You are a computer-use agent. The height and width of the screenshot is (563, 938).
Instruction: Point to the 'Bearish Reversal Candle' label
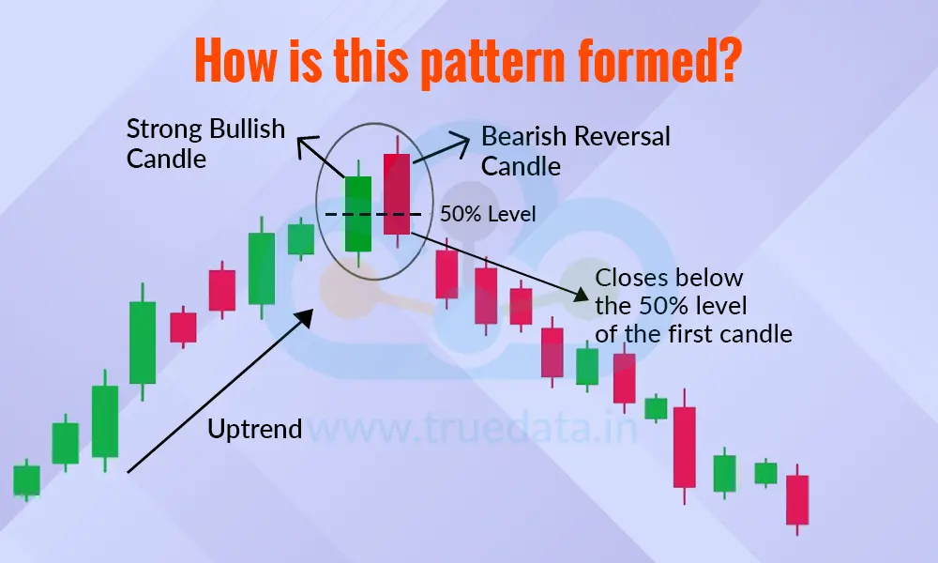pyautogui.click(x=575, y=150)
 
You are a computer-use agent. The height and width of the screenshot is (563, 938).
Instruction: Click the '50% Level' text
pyautogui.click(x=488, y=214)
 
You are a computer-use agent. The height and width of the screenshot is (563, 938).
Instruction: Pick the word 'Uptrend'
pyautogui.click(x=255, y=430)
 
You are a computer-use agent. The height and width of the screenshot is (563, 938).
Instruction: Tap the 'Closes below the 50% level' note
pyautogui.click(x=693, y=305)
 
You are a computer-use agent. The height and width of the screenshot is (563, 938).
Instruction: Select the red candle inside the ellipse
pyautogui.click(x=397, y=194)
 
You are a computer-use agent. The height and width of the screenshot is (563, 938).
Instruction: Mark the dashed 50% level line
pyautogui.click(x=375, y=215)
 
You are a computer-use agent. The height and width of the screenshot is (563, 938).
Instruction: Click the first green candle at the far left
pyautogui.click(x=26, y=479)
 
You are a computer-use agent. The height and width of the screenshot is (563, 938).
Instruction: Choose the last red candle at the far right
pyautogui.click(x=796, y=499)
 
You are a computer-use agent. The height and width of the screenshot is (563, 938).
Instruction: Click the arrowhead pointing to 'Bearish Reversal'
pyautogui.click(x=461, y=137)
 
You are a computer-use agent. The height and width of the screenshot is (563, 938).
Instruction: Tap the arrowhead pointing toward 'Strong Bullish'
pyautogui.click(x=303, y=143)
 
